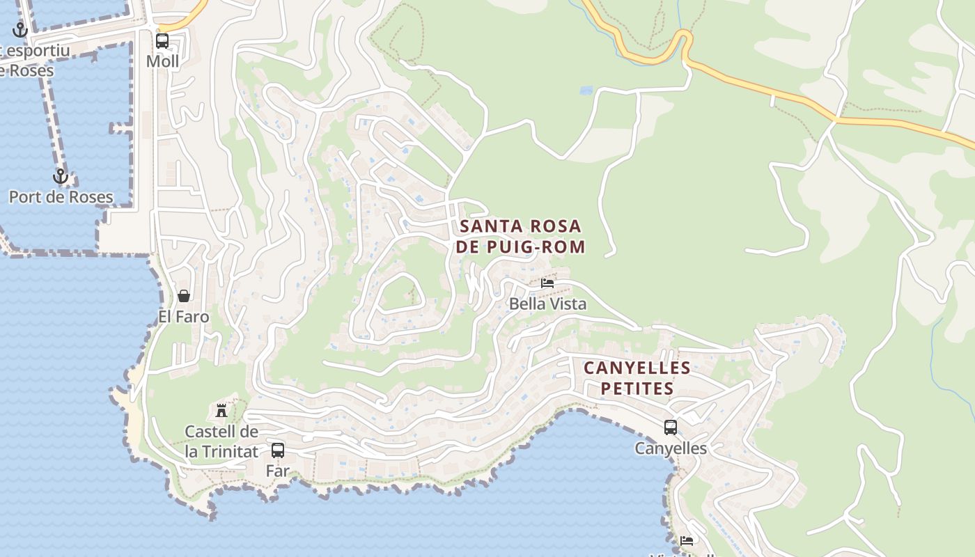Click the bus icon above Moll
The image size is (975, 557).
(162, 41)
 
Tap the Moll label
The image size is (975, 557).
(162, 61)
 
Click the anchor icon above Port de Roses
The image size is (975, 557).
(61, 176)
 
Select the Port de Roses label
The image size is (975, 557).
(61, 197)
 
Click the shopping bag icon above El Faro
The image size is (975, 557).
(184, 296)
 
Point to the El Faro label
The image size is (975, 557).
(184, 317)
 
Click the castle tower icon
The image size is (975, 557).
(221, 410)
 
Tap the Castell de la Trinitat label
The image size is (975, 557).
(221, 441)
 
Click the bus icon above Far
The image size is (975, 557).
(278, 450)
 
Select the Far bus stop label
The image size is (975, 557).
(277, 471)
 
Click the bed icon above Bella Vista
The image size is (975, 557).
(547, 283)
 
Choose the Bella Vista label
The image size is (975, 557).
(547, 304)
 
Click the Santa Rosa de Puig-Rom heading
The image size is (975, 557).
(520, 236)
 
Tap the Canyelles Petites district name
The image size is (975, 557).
(637, 377)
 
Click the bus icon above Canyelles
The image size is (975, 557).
(670, 427)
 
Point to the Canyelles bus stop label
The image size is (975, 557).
(670, 448)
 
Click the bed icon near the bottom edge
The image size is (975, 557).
(687, 541)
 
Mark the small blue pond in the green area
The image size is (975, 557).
(586, 91)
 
